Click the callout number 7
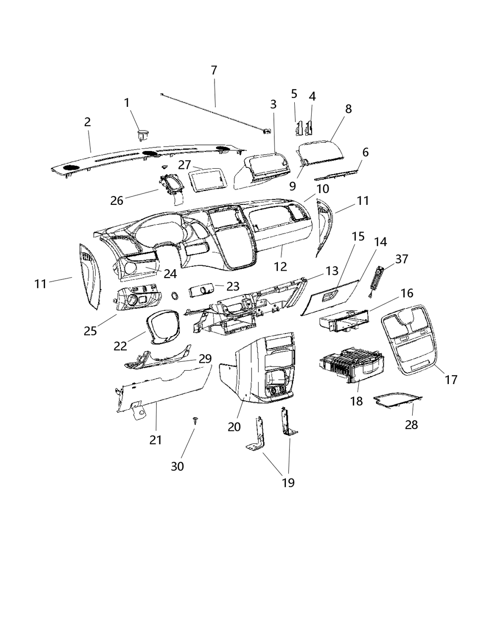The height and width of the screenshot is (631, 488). [214, 70]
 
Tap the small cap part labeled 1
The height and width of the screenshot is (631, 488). [143, 134]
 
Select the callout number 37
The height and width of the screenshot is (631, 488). [401, 259]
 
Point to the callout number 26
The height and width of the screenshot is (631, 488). [117, 200]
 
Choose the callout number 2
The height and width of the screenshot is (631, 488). [87, 122]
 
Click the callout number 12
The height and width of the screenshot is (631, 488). [280, 266]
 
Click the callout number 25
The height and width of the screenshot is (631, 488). [90, 331]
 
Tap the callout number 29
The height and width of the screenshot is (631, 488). [205, 358]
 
